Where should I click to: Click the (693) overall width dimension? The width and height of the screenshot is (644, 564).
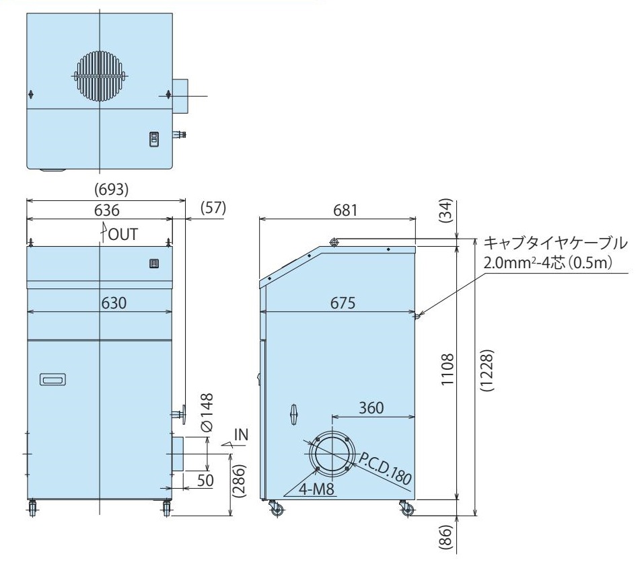point(111,189)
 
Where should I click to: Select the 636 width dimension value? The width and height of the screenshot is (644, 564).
point(107,210)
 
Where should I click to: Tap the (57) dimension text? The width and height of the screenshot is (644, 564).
point(213,208)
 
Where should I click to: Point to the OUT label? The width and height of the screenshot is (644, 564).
point(122,235)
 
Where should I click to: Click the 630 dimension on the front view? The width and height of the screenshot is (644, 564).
point(114,303)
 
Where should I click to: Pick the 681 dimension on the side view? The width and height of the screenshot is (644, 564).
point(345,210)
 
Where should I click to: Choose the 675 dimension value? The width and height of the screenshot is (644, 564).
point(343,303)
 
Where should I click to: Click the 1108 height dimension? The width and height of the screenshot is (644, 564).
point(448,369)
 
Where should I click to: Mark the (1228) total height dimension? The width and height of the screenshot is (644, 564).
point(485,370)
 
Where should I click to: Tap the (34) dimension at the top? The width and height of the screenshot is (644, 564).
point(445,210)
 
